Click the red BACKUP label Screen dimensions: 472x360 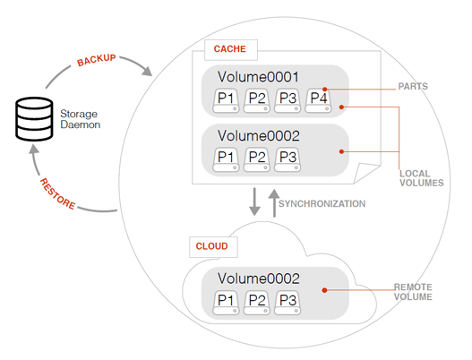(x=97, y=60)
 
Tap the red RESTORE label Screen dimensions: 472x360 (x=57, y=193)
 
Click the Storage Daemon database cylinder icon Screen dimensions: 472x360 (x=34, y=119)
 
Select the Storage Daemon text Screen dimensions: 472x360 (x=80, y=119)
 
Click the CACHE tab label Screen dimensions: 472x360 (x=229, y=48)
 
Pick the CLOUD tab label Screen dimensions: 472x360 (x=211, y=246)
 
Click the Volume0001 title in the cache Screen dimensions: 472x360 (x=258, y=77)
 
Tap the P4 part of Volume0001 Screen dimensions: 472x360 (x=319, y=100)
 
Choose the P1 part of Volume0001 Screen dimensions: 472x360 (x=226, y=100)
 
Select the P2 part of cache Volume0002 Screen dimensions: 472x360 (x=257, y=159)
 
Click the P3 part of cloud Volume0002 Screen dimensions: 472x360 (x=287, y=303)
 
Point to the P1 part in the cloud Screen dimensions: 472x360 (x=226, y=303)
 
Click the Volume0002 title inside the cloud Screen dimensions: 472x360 (x=259, y=279)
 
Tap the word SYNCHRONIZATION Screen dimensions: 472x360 (x=322, y=204)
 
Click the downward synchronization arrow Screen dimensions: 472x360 (x=254, y=201)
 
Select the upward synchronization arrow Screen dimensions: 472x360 (x=274, y=203)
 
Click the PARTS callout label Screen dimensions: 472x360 (x=413, y=86)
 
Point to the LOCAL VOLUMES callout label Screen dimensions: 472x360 (x=422, y=178)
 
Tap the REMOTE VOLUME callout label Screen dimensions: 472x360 (x=413, y=292)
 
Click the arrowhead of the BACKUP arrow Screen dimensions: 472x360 (x=147, y=72)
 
